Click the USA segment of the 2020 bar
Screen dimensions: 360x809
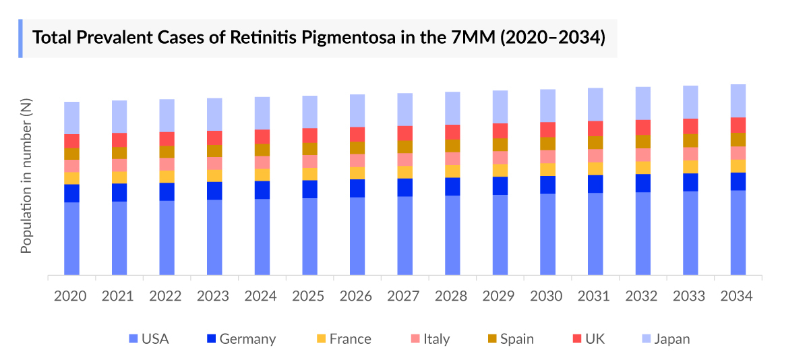tap(71, 239)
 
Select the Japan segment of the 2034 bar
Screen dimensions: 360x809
tap(738, 100)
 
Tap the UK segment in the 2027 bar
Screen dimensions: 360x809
tap(405, 133)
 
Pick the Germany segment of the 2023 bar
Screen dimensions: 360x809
tap(214, 191)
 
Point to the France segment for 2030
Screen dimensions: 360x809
tap(547, 169)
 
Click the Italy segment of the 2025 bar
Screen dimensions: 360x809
tap(309, 161)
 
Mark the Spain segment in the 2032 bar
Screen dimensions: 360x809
tap(643, 141)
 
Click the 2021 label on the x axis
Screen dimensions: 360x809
tap(119, 296)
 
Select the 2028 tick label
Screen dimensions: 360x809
tap(452, 296)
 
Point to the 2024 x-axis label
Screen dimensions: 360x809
tap(262, 296)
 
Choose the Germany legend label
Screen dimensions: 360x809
tap(247, 339)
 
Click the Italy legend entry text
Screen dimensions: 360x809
tap(436, 339)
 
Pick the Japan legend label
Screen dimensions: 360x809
tap(671, 339)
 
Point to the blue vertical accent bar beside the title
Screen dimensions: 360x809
tap(20, 38)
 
